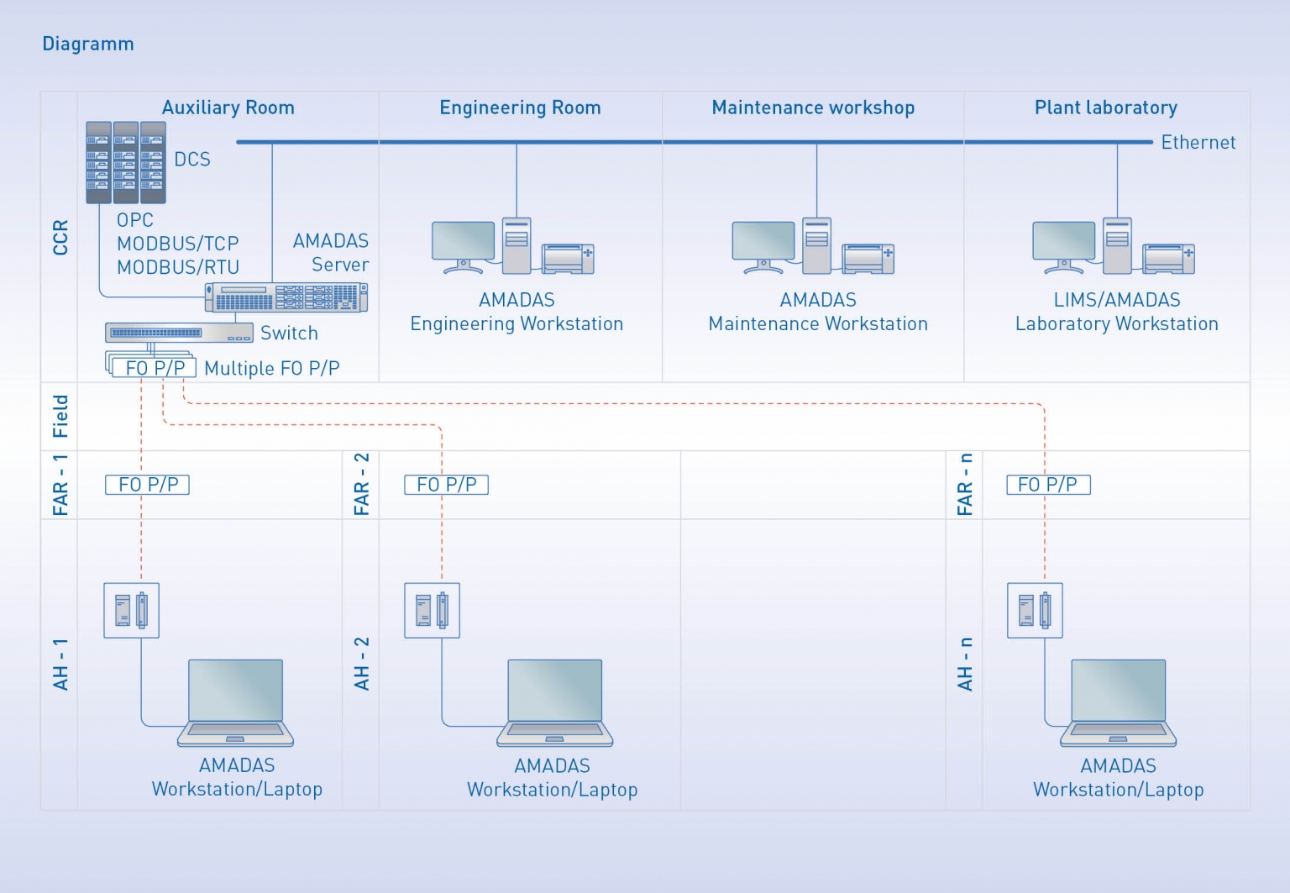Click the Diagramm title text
coord(88,44)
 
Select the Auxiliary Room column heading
coord(228,108)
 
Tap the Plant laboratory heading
coord(1105,108)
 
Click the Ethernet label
coord(1198,143)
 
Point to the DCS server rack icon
coord(126,163)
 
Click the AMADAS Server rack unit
coord(286,297)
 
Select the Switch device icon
coord(178,333)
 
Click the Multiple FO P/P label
coord(271,368)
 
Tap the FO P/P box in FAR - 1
coord(148,485)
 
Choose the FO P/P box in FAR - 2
coord(446,485)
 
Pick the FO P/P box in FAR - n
coord(1047,485)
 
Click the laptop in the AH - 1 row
coord(235,702)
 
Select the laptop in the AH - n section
coord(1118,702)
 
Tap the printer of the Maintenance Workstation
coord(868,259)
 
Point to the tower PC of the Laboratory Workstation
coord(1117,245)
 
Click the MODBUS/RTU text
coord(178,267)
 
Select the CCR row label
coord(60,238)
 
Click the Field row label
coord(60,416)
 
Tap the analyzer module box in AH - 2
coord(432,611)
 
